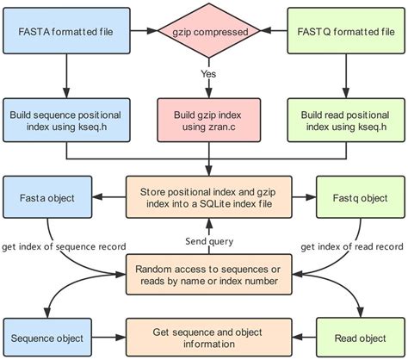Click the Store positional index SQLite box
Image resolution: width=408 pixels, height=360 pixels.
coord(207,197)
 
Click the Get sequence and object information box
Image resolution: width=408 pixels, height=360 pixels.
coord(207,338)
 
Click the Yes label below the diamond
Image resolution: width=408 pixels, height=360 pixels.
coord(207,74)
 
